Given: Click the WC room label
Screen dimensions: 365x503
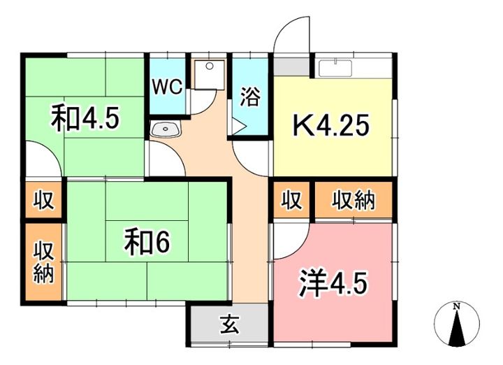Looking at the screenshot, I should (167, 87).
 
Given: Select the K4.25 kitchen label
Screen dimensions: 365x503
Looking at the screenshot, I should (331, 127).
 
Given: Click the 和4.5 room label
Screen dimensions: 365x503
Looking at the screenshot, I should (85, 118).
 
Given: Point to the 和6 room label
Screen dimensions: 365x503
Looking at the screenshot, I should (147, 242).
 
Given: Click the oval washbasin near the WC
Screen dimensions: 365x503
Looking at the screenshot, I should (166, 128).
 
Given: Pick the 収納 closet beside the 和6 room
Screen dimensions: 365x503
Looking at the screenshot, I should (43, 261).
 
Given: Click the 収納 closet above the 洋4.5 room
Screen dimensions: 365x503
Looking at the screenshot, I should (353, 201).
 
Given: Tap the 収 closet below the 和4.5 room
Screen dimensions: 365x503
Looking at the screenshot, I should (43, 201).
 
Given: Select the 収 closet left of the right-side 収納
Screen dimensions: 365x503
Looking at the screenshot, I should (292, 201).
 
